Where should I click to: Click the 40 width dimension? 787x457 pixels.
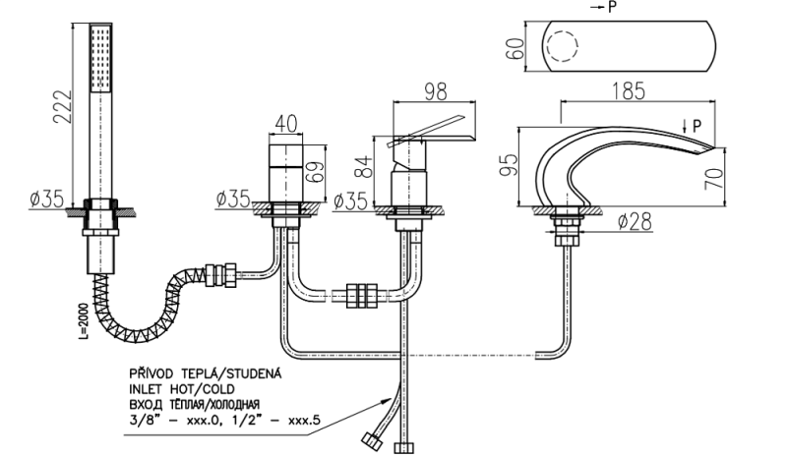[x=286, y=123]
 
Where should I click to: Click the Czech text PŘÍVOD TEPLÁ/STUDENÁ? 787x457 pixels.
[x=203, y=374]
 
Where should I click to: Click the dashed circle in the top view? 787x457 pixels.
[x=566, y=49]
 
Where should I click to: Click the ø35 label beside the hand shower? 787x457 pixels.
[x=46, y=200]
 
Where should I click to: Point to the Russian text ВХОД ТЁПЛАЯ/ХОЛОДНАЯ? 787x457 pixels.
[x=193, y=404]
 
